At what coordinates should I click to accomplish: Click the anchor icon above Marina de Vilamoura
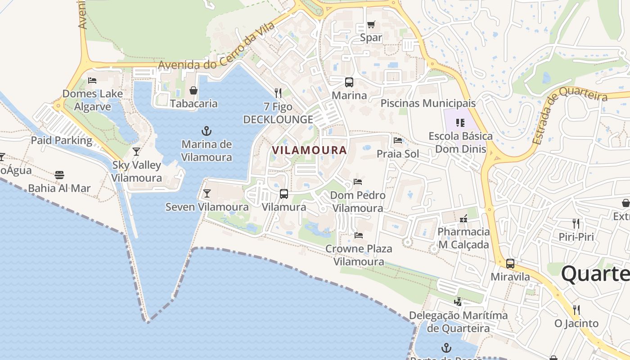pos(206,131)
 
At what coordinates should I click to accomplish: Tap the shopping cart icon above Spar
pos(371,24)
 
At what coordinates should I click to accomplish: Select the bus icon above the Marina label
pos(349,82)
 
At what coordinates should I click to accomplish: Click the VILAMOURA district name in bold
pos(310,150)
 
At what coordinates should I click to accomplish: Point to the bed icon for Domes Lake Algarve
pos(92,81)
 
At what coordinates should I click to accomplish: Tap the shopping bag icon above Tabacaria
pos(193,90)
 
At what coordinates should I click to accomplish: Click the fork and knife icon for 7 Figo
pos(278,93)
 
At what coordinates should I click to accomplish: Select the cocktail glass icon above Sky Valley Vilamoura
pos(136,152)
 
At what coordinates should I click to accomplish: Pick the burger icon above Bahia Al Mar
pos(59,175)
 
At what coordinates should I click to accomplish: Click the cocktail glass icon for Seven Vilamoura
pos(207,193)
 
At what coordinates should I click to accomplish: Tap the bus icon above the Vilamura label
pos(284,194)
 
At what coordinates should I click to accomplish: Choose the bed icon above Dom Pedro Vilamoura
pos(358,182)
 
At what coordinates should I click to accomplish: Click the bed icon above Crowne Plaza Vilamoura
pos(359,235)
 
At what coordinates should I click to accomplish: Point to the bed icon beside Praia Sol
pos(398,140)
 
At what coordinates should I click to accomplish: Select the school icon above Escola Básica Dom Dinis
pos(460,122)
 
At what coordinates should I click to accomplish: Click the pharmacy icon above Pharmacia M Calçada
pos(463,219)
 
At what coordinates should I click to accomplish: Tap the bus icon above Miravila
pos(510,264)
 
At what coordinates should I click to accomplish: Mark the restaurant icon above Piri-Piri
pos(576,223)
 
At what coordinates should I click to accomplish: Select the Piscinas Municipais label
pos(428,103)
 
